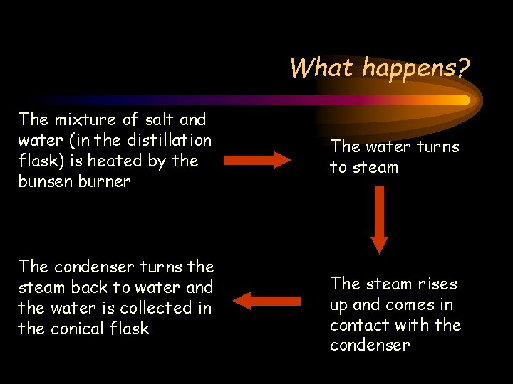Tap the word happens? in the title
tap(415, 69)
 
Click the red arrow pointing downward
tap(379, 220)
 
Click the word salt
tap(157, 119)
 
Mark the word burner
tap(105, 181)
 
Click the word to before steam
tap(338, 168)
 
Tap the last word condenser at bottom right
tap(370, 346)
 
